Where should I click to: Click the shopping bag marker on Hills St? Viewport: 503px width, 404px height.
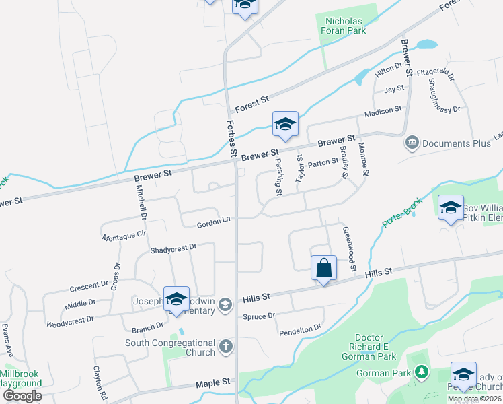pyautogui.click(x=323, y=267)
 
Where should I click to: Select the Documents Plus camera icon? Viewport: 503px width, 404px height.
pyautogui.click(x=412, y=143)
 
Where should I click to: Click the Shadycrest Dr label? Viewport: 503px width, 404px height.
pyautogui.click(x=173, y=248)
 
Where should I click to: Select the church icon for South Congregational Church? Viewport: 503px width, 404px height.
pyautogui.click(x=227, y=348)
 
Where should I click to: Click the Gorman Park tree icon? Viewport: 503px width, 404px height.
pyautogui.click(x=421, y=372)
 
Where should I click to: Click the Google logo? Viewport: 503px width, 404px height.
pyautogui.click(x=22, y=395)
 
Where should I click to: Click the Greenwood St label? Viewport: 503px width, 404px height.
pyautogui.click(x=348, y=249)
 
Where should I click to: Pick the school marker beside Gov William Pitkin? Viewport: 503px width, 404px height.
pyautogui.click(x=451, y=207)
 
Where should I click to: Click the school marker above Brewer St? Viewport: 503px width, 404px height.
pyautogui.click(x=285, y=124)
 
